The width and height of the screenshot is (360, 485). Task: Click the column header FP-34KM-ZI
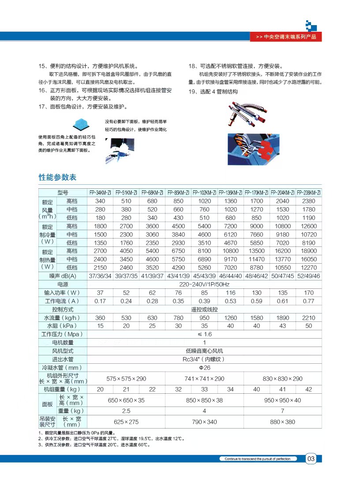tap(100, 193)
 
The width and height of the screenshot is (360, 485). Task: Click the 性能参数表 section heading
tap(58, 177)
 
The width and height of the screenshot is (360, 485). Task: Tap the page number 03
tap(311, 459)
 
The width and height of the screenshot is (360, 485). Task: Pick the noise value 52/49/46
tap(309, 276)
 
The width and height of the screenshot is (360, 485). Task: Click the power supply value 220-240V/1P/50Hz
tap(204, 284)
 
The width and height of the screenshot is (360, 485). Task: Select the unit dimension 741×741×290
tap(204, 379)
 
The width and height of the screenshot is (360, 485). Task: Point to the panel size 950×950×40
tap(282, 400)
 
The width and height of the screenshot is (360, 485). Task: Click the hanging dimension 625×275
tap(126, 422)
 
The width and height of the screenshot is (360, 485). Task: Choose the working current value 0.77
tap(309, 301)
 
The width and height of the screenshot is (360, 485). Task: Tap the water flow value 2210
tap(309, 318)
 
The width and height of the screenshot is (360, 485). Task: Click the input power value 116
tap(230, 293)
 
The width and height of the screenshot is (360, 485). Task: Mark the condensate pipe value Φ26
tap(204, 367)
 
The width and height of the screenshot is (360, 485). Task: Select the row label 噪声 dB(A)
tap(63, 276)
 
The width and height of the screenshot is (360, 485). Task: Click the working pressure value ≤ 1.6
tap(204, 334)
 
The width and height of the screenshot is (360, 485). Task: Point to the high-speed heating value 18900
tap(309, 251)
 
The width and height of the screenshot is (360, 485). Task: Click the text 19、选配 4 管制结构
tap(213, 92)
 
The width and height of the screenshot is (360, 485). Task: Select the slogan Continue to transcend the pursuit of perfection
tap(258, 459)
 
